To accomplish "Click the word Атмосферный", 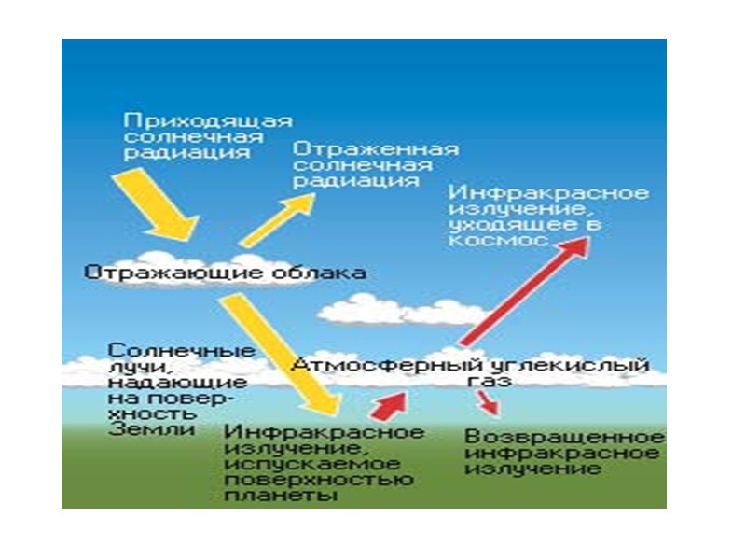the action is pyautogui.click(x=373, y=365).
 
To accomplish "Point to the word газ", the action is pyautogui.click(x=480, y=382).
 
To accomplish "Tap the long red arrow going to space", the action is pyautogui.click(x=523, y=290).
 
